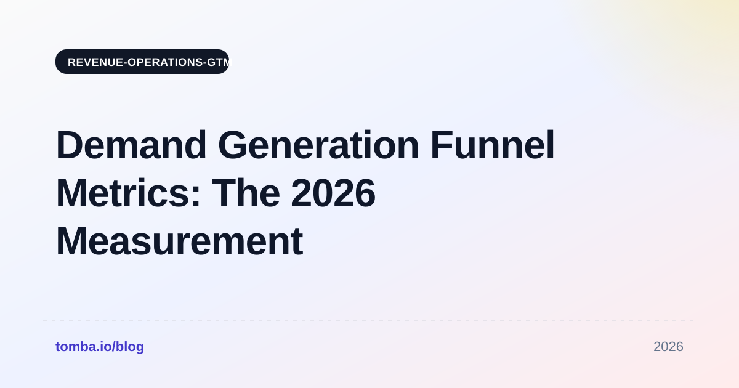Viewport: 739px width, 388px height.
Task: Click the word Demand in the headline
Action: (132, 145)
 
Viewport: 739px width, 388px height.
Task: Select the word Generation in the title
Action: (318, 145)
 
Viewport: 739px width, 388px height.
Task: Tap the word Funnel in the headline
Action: (493, 145)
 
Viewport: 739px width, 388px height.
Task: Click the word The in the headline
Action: (246, 193)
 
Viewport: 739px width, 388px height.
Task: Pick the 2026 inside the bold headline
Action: (333, 193)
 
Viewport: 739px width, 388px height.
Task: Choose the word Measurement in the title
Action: (179, 241)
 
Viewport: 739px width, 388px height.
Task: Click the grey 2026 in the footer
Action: (668, 347)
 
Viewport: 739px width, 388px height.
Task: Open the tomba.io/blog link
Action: (100, 347)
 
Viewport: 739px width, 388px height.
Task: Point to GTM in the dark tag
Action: (218, 62)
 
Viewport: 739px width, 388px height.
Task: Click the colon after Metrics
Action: (196, 197)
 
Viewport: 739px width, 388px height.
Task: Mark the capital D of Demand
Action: (70, 145)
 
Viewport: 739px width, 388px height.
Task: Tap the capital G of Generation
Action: (232, 145)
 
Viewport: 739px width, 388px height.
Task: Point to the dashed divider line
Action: (368, 320)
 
